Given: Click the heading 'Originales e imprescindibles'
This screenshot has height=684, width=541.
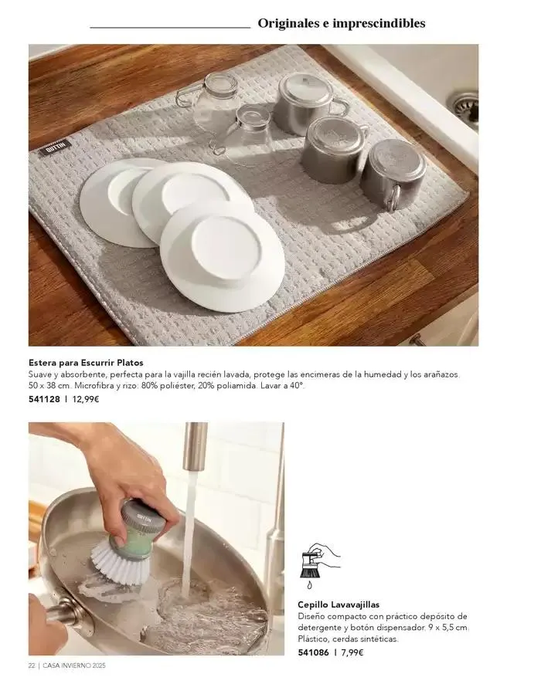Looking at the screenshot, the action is [x=342, y=23].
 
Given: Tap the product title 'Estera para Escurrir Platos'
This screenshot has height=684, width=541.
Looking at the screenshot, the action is [x=86, y=363].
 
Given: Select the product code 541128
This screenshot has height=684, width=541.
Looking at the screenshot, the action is [x=44, y=398].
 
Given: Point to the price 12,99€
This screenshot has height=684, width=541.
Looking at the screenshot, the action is [x=86, y=398].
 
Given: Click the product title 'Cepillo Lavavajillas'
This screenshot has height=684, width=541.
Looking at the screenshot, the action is [x=339, y=604].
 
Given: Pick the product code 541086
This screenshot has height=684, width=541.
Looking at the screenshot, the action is [x=314, y=652].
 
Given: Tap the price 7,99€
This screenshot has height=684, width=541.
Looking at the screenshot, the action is [x=352, y=652].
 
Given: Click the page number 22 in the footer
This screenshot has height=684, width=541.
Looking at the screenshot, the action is [x=32, y=665].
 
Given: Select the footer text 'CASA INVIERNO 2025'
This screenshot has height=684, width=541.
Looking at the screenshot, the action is [x=74, y=665].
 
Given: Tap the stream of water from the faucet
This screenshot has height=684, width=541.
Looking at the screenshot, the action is [x=189, y=532].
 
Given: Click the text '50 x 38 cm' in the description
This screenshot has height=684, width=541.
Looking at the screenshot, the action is [x=49, y=386].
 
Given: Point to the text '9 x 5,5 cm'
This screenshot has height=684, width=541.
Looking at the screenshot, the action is [x=449, y=628].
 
